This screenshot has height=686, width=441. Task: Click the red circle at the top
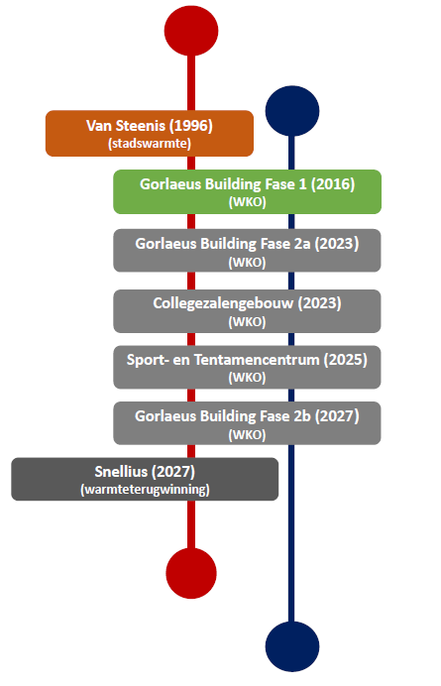pyautogui.click(x=191, y=30)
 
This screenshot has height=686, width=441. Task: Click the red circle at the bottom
pyautogui.click(x=191, y=573)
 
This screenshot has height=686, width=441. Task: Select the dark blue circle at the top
pyautogui.click(x=292, y=111)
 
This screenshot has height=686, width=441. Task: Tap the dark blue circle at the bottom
pyautogui.click(x=292, y=646)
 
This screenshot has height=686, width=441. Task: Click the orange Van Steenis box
pyautogui.click(x=150, y=134)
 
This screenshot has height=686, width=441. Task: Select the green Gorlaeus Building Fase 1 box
pyautogui.click(x=247, y=191)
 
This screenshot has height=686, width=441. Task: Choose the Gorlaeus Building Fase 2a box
pyautogui.click(x=247, y=251)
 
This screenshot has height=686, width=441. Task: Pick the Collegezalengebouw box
pyautogui.click(x=247, y=311)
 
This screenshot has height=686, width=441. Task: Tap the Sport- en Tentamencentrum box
pyautogui.click(x=247, y=367)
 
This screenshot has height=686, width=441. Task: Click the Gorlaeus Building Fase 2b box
pyautogui.click(x=247, y=423)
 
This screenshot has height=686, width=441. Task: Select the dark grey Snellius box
pyautogui.click(x=145, y=479)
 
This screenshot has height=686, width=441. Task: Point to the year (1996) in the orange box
pyautogui.click(x=190, y=126)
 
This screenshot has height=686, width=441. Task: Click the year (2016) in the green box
pyautogui.click(x=333, y=184)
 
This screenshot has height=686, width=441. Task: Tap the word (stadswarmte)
pyautogui.click(x=150, y=144)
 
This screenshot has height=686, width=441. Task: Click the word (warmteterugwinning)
pyautogui.click(x=145, y=489)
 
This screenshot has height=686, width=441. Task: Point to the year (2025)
pyautogui.click(x=346, y=360)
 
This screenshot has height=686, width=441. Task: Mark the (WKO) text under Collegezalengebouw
pyautogui.click(x=247, y=322)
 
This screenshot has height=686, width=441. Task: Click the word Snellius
pyautogui.click(x=121, y=472)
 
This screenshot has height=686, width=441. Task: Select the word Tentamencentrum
pyautogui.click(x=257, y=360)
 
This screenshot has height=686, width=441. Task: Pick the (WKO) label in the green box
pyautogui.click(x=247, y=202)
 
